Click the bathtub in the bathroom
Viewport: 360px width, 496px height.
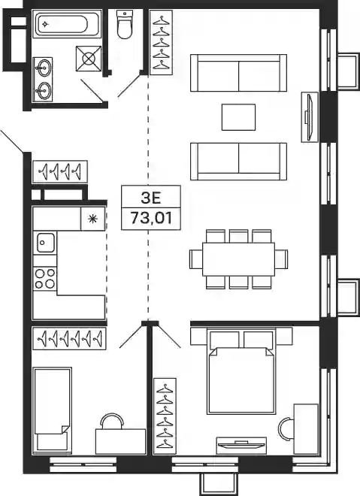tap(62, 24)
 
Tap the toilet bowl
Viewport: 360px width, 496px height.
tap(125, 24)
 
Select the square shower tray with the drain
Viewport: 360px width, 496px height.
tap(89, 59)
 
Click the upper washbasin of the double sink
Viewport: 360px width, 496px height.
tap(43, 67)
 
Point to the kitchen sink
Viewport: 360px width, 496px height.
tap(46, 243)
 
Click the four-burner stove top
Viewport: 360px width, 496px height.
tap(45, 278)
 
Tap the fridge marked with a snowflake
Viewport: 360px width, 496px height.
tap(92, 219)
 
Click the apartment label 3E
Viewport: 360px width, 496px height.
tap(151, 198)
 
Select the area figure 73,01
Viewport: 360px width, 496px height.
tap(151, 218)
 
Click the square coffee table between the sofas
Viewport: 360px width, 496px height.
tap(238, 117)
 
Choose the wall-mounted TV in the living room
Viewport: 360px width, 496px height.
tap(310, 116)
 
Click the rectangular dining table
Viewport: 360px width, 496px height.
tap(238, 259)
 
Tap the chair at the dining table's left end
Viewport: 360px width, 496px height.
tap(196, 259)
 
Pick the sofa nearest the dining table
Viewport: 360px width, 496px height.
tap(238, 162)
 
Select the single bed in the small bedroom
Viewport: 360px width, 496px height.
tap(52, 410)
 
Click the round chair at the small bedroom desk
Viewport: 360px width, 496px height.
tap(112, 421)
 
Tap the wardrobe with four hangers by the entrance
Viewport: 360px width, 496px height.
tap(60, 171)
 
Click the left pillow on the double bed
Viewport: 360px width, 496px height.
tap(224, 340)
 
